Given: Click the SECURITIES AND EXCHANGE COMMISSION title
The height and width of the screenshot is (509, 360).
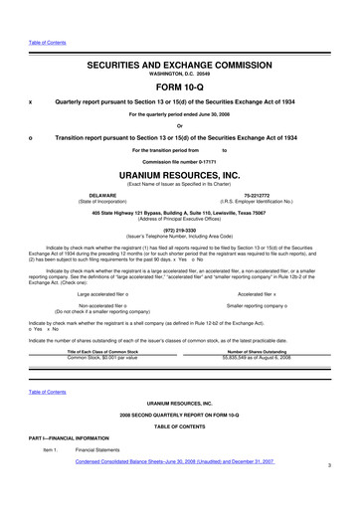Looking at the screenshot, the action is pyautogui.click(x=180, y=62).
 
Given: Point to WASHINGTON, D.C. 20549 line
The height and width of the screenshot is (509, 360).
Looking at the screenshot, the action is pyautogui.click(x=180, y=72).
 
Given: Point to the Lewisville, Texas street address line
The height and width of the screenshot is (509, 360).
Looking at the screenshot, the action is pyautogui.click(x=180, y=213).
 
